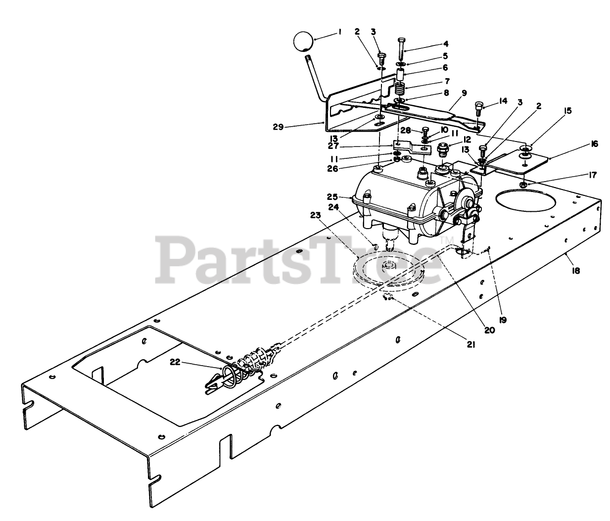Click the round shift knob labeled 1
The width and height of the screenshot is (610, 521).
pyautogui.click(x=301, y=42)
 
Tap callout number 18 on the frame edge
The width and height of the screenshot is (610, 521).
pyautogui.click(x=575, y=271)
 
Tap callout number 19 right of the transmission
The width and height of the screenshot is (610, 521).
pyautogui.click(x=502, y=320)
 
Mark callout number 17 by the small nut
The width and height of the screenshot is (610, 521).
pyautogui.click(x=579, y=175)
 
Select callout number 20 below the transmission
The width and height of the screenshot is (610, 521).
pyautogui.click(x=489, y=331)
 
